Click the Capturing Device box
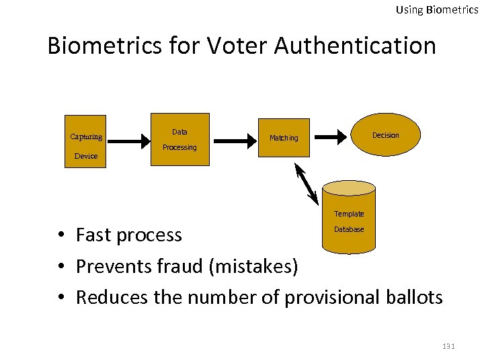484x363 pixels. click(85, 143)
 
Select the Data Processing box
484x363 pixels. click(179, 139)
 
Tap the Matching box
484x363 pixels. click(283, 138)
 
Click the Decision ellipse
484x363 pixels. click(386, 135)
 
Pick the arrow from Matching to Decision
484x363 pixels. click(331, 136)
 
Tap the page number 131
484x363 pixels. click(448, 346)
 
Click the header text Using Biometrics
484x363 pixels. click(437, 9)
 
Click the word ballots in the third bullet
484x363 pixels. click(416, 297)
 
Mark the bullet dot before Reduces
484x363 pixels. click(61, 297)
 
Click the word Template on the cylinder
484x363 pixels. click(349, 214)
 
